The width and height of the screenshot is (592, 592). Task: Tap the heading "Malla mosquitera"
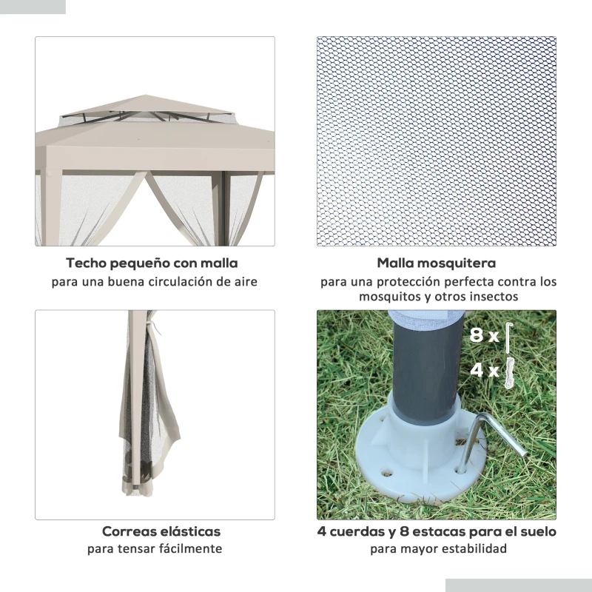click(x=437, y=263)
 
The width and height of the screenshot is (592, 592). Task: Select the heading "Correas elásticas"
click(x=161, y=531)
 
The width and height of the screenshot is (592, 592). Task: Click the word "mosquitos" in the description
click(x=391, y=297)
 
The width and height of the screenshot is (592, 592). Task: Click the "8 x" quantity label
click(x=485, y=335)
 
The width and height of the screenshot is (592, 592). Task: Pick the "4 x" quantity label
click(x=485, y=370)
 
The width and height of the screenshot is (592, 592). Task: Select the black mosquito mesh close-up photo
click(x=437, y=141)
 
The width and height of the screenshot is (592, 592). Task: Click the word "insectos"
click(x=494, y=297)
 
